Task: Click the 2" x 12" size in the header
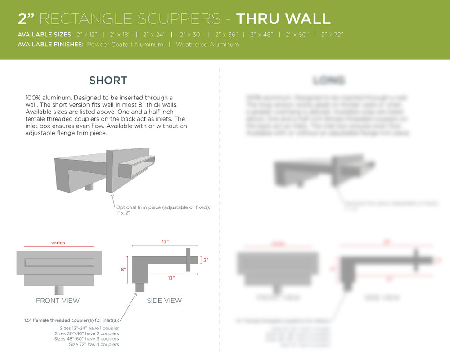pos(87,35)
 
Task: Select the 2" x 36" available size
pos(226,35)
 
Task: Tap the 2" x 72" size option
pos(332,35)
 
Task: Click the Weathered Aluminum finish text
pos(207,45)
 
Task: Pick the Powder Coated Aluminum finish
pos(125,45)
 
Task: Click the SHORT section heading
pos(108,81)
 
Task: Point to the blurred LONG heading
pos(328,81)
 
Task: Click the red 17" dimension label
pos(165,242)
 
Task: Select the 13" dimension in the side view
pos(171,278)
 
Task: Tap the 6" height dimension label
pos(123,269)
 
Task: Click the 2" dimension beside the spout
pos(206,260)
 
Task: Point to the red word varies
pos(58,243)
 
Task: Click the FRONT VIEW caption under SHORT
pos(58,301)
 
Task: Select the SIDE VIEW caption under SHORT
pos(164,301)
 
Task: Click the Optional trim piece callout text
pos(163,207)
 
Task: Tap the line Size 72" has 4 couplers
pos(94,344)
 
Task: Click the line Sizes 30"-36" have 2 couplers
pos(86,333)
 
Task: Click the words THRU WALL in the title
pos(283,18)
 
